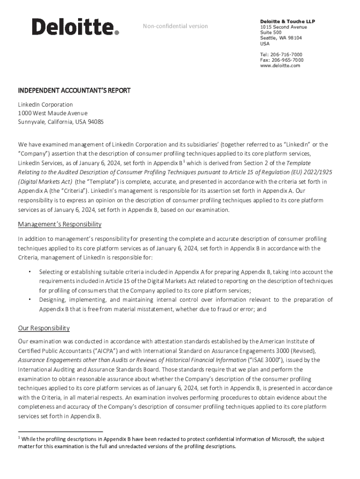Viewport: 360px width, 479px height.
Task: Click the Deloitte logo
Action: click(x=73, y=27)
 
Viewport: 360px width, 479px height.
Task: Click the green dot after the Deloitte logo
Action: click(x=117, y=33)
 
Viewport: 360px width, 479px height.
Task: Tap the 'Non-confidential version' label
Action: click(x=175, y=26)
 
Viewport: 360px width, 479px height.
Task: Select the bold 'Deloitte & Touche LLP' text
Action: click(x=288, y=22)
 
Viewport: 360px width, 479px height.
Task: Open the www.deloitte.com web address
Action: click(x=280, y=66)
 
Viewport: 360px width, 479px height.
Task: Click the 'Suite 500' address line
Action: click(x=271, y=33)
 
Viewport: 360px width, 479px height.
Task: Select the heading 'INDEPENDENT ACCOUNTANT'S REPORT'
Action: click(x=74, y=90)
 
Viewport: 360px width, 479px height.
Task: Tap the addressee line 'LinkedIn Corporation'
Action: click(x=45, y=104)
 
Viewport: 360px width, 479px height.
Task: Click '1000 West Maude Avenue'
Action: click(x=52, y=113)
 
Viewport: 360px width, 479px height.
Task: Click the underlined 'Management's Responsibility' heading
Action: click(x=59, y=225)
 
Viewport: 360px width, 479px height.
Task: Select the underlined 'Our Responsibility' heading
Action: click(x=43, y=328)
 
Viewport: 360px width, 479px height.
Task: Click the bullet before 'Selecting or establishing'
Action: click(x=29, y=271)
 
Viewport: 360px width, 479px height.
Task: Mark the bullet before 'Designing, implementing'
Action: click(x=29, y=299)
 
